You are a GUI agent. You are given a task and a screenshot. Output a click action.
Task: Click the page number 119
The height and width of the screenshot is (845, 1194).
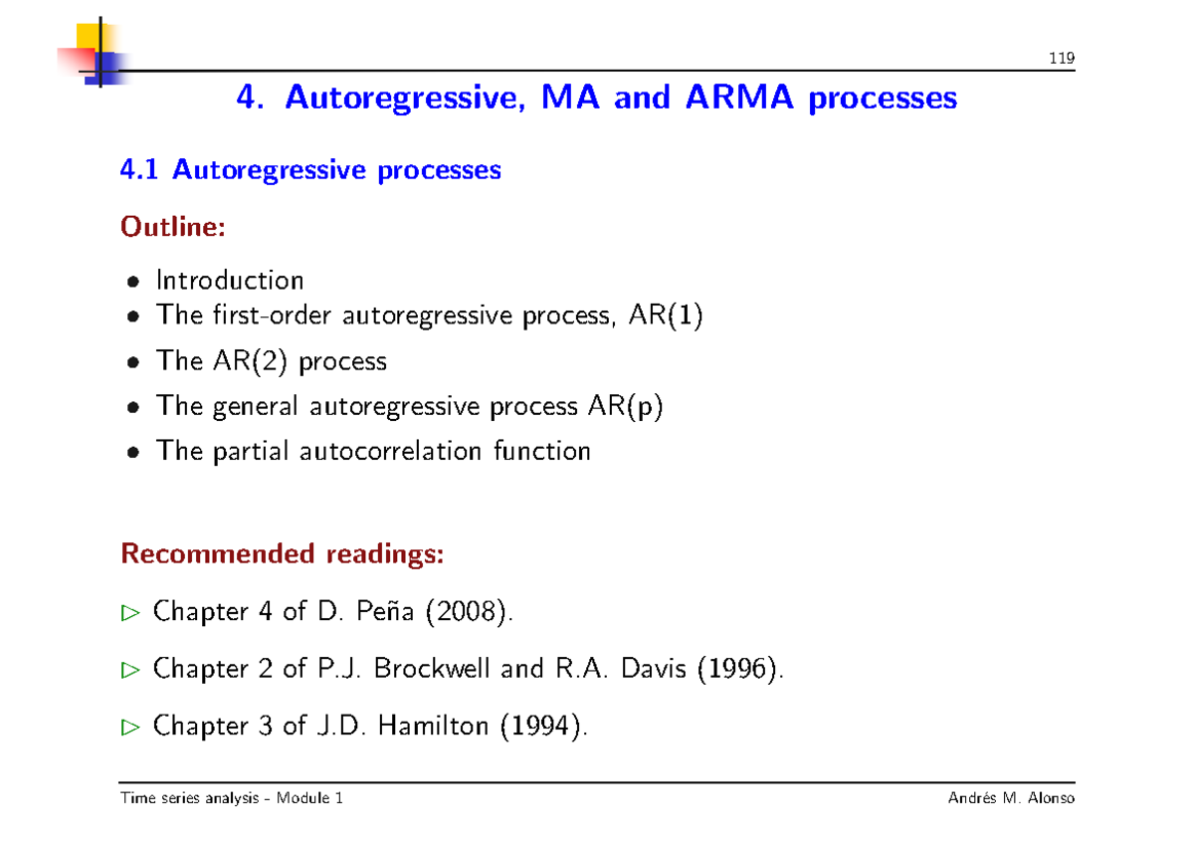pyautogui.click(x=1062, y=59)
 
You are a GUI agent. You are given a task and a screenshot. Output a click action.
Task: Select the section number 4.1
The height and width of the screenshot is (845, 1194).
pyautogui.click(x=140, y=170)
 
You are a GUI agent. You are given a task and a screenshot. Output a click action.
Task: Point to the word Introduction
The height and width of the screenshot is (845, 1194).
pyautogui.click(x=230, y=281)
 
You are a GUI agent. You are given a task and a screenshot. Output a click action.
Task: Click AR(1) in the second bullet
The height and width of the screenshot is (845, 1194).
pyautogui.click(x=666, y=317)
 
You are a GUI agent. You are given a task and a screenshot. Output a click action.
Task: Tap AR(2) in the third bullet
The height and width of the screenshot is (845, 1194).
pyautogui.click(x=248, y=360)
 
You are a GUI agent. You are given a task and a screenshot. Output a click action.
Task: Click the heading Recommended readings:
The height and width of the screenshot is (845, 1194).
pyautogui.click(x=282, y=553)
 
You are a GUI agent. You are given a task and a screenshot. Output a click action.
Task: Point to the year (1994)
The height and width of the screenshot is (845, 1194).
pyautogui.click(x=541, y=727)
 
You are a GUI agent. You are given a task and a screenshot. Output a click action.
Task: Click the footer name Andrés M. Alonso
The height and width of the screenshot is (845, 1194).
pyautogui.click(x=1012, y=798)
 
